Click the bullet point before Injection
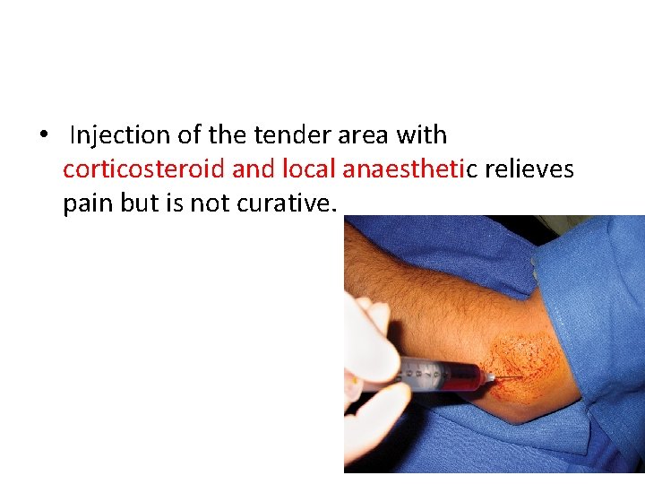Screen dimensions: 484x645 42,135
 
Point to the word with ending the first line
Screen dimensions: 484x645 422,135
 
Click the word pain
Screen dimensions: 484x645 87,203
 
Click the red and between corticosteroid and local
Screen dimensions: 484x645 254,169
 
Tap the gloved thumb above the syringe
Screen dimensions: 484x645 376,341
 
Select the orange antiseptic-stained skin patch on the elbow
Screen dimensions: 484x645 529,363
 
